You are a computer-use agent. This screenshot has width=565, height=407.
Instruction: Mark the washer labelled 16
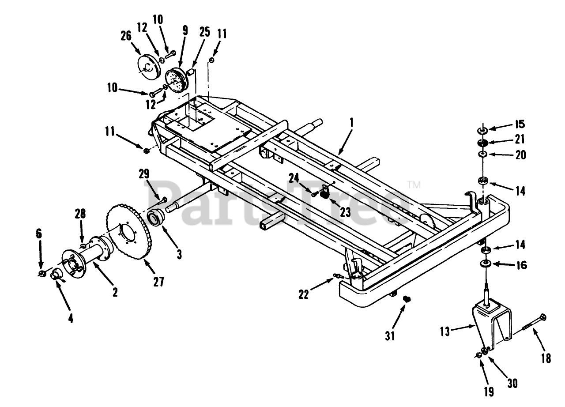tap(486, 264)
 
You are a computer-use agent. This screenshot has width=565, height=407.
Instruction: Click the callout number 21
tap(520, 139)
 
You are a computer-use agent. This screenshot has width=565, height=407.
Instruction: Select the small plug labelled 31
tap(407, 299)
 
